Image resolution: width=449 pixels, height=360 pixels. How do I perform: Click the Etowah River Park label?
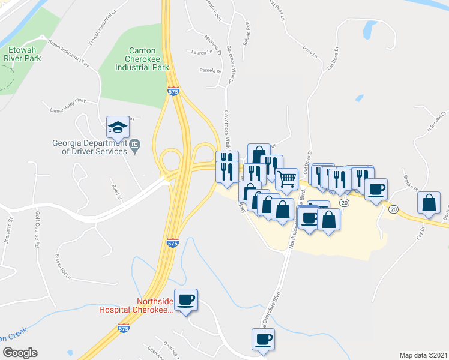click(x=23, y=55)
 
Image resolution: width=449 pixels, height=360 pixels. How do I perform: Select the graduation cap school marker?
click(x=118, y=128)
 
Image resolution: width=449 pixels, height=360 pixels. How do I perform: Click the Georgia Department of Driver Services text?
click(x=89, y=147)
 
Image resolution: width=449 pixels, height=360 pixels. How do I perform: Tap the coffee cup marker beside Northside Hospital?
click(x=186, y=299)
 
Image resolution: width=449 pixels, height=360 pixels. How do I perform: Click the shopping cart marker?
click(x=287, y=178)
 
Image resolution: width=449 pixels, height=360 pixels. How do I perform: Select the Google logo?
click(x=20, y=353)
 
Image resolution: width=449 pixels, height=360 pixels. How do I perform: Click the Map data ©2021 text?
click(x=423, y=355)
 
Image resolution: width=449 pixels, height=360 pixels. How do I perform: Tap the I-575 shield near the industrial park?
click(x=173, y=92)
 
